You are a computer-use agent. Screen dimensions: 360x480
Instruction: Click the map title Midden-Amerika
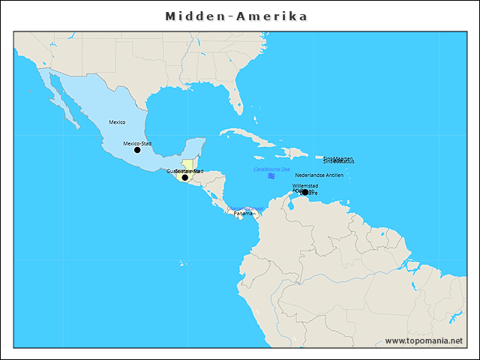[236, 16]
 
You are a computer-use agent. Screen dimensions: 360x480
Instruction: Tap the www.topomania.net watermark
[423, 340]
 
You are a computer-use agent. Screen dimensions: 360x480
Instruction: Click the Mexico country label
[117, 121]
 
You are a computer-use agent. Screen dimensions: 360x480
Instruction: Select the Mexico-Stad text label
[137, 142]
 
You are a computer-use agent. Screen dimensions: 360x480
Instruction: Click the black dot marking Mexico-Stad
[137, 150]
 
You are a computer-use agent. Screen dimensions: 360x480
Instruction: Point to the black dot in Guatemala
[185, 178]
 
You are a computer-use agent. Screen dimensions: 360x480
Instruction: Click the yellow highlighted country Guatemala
[187, 165]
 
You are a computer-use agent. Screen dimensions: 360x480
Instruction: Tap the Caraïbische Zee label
[271, 169]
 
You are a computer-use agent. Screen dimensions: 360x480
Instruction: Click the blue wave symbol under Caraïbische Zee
[271, 175]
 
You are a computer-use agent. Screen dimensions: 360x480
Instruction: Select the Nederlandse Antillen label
[319, 175]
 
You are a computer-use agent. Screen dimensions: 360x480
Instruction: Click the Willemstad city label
[305, 185]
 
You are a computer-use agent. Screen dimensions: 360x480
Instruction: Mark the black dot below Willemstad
[305, 192]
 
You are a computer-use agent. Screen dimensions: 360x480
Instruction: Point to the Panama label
[244, 214]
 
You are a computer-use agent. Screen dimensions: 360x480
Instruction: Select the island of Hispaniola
[294, 153]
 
